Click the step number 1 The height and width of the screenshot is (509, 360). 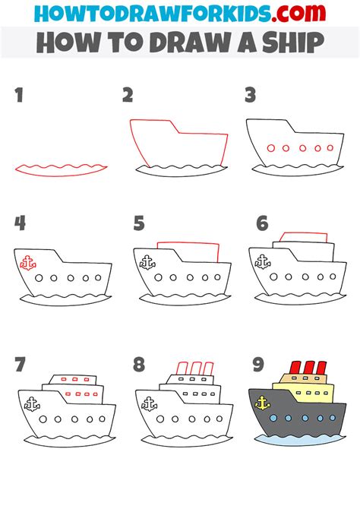click(x=18, y=96)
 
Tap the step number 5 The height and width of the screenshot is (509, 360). click(x=138, y=223)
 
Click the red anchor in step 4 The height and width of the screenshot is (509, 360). click(x=28, y=263)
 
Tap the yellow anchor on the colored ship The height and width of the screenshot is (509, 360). click(x=263, y=403)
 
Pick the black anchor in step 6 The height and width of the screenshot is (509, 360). click(x=262, y=262)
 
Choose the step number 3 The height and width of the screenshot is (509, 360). click(x=250, y=96)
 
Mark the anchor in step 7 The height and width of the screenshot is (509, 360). click(x=31, y=404)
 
